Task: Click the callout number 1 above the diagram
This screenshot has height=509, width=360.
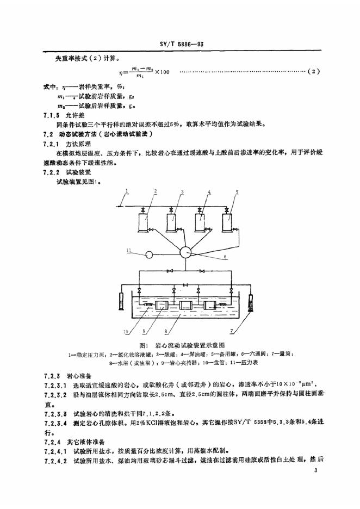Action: point(126,191)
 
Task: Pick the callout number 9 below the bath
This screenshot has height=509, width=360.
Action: point(145,330)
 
